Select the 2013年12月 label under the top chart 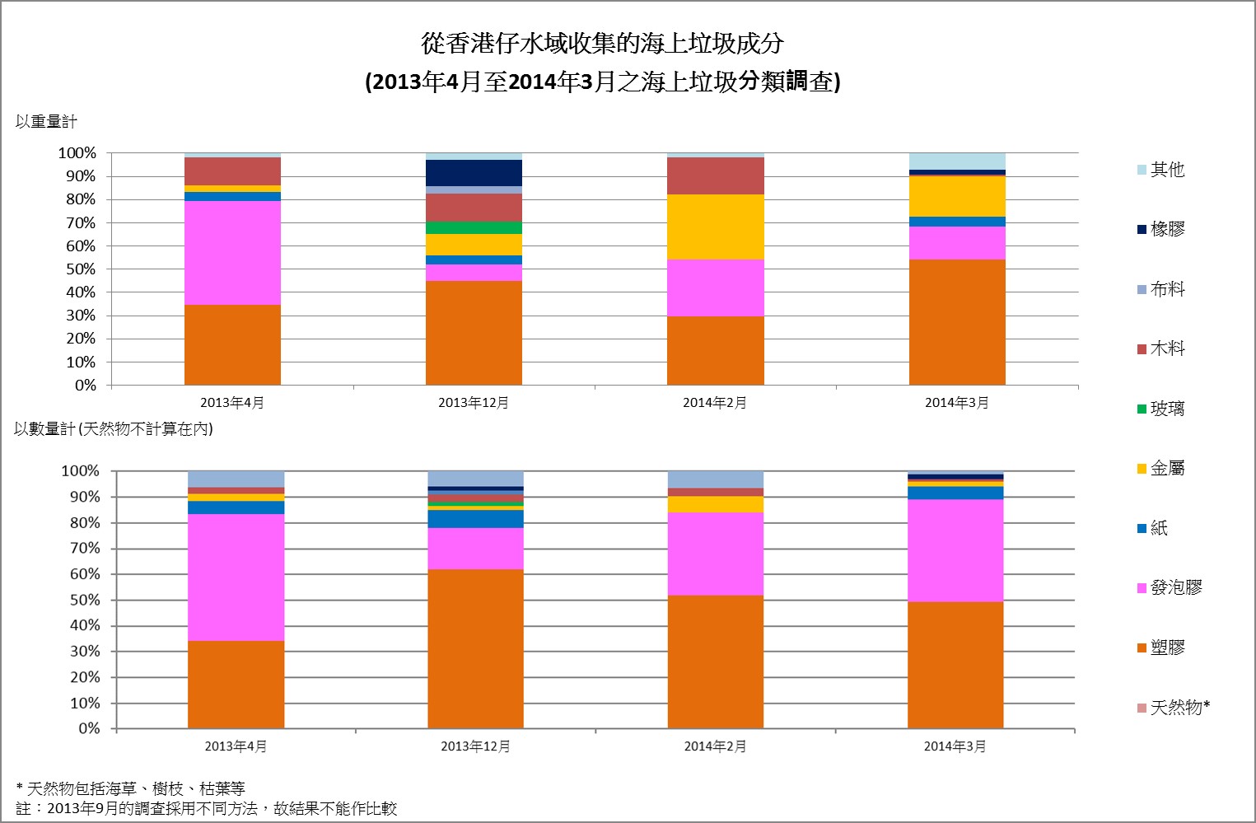click(474, 403)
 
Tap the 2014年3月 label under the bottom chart click(955, 746)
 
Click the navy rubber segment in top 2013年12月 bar click(474, 173)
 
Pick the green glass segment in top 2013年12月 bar click(474, 228)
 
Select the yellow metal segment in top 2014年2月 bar click(715, 227)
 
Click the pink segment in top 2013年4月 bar click(232, 253)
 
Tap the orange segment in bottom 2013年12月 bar click(475, 648)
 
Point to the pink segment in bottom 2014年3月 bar click(955, 550)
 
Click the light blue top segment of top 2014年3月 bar click(957, 161)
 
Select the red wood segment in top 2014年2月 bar click(715, 175)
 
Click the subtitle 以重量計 click(46, 122)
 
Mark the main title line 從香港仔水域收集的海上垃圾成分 click(602, 43)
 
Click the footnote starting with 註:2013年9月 click(207, 808)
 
